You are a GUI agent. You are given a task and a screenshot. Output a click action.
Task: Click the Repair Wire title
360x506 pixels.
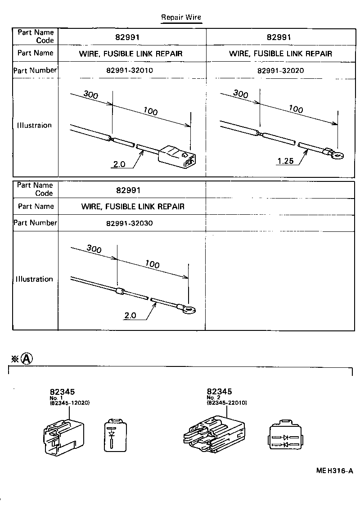pyautogui.click(x=182, y=18)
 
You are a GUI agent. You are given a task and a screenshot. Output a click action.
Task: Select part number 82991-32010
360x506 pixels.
pyautogui.click(x=132, y=71)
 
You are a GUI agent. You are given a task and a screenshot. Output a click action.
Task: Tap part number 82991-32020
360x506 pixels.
pyautogui.click(x=280, y=71)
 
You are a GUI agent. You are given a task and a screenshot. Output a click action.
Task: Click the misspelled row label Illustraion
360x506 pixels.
pyautogui.click(x=34, y=126)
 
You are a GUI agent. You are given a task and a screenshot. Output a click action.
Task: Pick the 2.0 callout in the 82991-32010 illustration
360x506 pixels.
pyautogui.click(x=119, y=164)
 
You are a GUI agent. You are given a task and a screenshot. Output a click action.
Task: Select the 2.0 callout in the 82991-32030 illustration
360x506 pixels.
pyautogui.click(x=130, y=316)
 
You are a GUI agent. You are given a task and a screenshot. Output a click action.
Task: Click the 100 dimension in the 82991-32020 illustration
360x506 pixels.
pyautogui.click(x=296, y=108)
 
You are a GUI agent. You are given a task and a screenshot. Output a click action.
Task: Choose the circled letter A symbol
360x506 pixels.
pyautogui.click(x=27, y=358)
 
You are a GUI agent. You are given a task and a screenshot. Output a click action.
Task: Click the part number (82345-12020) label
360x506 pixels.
pyautogui.click(x=70, y=403)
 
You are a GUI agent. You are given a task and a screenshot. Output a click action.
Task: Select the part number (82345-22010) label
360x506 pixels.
pyautogui.click(x=227, y=403)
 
